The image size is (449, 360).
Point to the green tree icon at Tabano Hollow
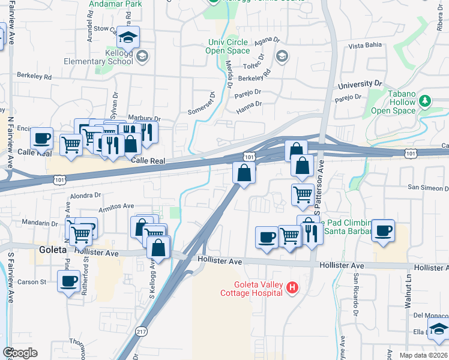(x=426, y=100)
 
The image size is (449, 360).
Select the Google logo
(x=20, y=353)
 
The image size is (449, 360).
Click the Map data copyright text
(x=424, y=355)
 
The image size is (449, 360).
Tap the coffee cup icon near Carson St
(x=69, y=281)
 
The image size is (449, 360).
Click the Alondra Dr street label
(x=85, y=195)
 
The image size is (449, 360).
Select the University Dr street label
(x=360, y=85)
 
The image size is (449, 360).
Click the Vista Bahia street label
(x=366, y=46)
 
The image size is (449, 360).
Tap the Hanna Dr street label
(x=249, y=104)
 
